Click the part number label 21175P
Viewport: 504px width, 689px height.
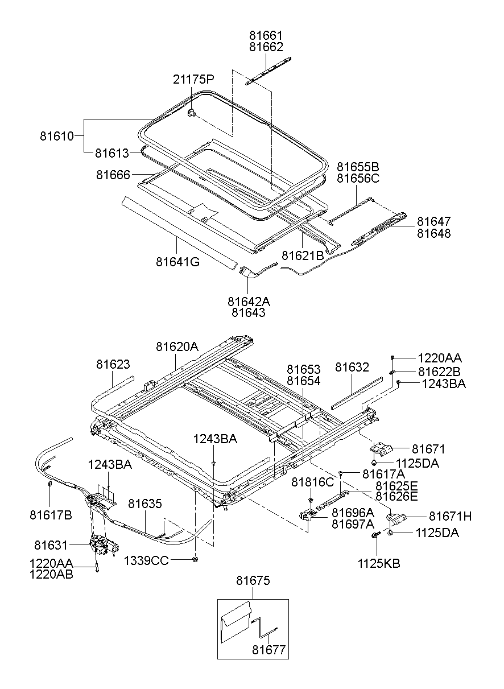tap(193, 79)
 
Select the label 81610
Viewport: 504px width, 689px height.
tap(57, 136)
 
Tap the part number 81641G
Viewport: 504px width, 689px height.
tap(177, 262)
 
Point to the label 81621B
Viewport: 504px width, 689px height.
tap(303, 255)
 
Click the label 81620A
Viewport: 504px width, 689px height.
tap(177, 346)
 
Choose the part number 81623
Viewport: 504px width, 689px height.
tap(113, 364)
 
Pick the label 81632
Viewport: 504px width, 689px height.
tap(352, 368)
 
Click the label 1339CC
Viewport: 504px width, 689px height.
tap(146, 561)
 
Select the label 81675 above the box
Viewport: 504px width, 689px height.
tap(253, 580)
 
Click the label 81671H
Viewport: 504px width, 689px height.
tap(450, 516)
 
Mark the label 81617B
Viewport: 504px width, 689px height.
tap(51, 514)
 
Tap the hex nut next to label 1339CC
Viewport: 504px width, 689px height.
tap(195, 559)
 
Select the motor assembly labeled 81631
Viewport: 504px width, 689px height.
tap(104, 547)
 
